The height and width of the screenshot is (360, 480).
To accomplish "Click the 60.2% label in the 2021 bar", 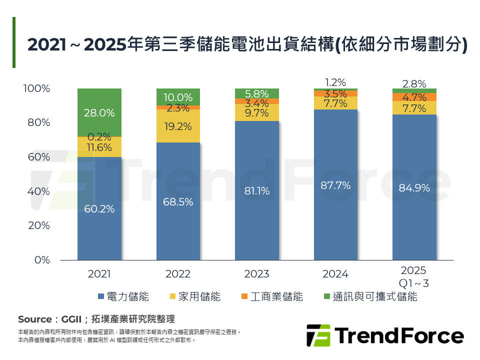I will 99,209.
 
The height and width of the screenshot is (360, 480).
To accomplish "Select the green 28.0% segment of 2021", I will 99,113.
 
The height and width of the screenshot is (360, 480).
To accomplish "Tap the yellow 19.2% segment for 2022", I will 178,126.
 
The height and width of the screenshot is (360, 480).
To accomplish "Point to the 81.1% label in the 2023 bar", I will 257,191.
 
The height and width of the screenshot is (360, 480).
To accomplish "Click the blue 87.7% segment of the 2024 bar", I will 335,185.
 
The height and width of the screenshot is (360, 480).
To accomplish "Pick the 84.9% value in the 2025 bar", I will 414,188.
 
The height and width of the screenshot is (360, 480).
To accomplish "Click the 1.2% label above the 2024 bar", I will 335,82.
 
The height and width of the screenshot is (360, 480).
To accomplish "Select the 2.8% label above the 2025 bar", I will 414,84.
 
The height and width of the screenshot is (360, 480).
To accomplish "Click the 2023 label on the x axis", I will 257,274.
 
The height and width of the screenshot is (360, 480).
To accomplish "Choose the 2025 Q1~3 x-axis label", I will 414,277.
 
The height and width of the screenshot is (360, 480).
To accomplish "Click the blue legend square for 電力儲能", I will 101,296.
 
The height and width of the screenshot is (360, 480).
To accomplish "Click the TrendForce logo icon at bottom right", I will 318,335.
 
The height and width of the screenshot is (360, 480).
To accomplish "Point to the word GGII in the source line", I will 71,319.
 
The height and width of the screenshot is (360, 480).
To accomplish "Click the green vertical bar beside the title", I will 14,42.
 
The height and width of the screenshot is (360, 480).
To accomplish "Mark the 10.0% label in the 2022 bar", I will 178,97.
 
